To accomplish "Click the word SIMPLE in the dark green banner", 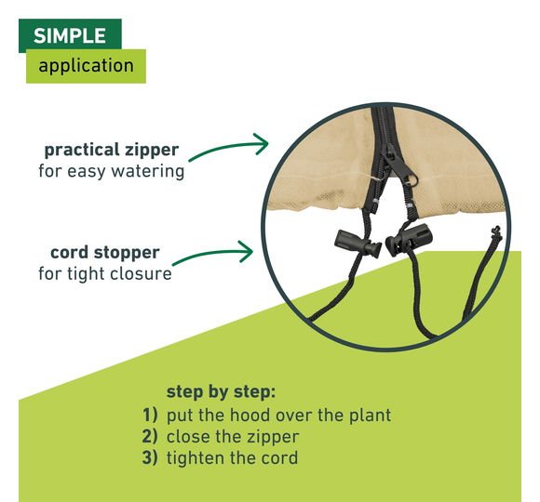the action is tap(70, 35).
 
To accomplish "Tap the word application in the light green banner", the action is tap(86, 66).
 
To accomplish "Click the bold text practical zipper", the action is tap(112, 151).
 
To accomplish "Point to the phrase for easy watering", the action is tap(111, 171).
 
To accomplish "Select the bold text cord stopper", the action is tap(105, 253).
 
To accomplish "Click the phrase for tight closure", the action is tap(105, 273).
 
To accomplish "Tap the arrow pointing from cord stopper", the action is tap(213, 254).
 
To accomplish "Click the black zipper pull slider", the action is tap(399, 165).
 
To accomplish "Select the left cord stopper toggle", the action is tap(358, 244).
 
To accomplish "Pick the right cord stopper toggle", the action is tap(409, 239).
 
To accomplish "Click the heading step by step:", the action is tap(221, 391).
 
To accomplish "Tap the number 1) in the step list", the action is tap(150, 415).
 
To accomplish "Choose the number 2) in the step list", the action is tap(150, 436).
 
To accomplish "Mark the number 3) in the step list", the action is tap(150, 457).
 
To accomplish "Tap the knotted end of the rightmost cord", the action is tap(496, 231).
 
